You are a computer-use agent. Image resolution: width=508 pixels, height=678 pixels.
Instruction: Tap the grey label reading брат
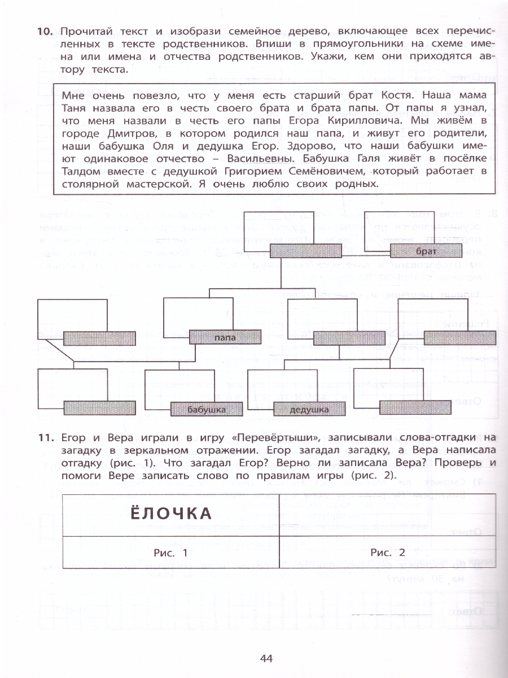pyautogui.click(x=426, y=250)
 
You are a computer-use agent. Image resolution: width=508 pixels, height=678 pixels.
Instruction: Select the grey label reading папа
pyautogui.click(x=225, y=338)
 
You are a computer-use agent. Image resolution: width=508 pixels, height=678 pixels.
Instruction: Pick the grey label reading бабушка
pyautogui.click(x=206, y=409)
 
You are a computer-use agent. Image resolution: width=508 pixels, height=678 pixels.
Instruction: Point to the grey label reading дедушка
pyautogui.click(x=309, y=409)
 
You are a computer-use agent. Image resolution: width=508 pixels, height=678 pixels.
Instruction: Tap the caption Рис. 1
pyautogui.click(x=170, y=553)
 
